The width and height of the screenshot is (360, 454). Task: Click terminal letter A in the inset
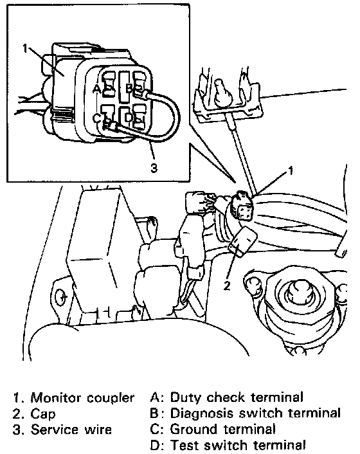pyautogui.click(x=96, y=89)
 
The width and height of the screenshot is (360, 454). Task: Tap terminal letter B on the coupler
pyautogui.click(x=129, y=88)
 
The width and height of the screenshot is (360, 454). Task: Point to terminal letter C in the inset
pyautogui.click(x=96, y=118)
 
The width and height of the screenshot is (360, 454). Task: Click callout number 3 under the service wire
pyautogui.click(x=154, y=167)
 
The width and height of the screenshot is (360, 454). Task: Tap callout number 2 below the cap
pyautogui.click(x=226, y=286)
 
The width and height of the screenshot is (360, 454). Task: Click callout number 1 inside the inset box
pyautogui.click(x=26, y=48)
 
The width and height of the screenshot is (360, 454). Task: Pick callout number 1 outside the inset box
pyautogui.click(x=291, y=170)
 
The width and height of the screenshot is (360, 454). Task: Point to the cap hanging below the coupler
pyautogui.click(x=243, y=241)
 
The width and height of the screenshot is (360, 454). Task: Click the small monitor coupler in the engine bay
pyautogui.click(x=242, y=205)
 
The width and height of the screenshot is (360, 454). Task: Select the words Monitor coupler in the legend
pyautogui.click(x=82, y=399)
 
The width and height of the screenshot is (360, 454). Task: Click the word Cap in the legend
pyautogui.click(x=43, y=414)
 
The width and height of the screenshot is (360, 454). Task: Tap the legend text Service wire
pyautogui.click(x=71, y=430)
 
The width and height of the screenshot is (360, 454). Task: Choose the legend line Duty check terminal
pyautogui.click(x=237, y=397)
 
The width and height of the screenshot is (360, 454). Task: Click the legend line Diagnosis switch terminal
pyautogui.click(x=255, y=413)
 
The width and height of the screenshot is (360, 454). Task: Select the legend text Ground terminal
pyautogui.click(x=222, y=429)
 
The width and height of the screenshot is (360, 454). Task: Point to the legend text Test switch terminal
pyautogui.click(x=238, y=445)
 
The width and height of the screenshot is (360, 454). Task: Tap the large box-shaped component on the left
pyautogui.click(x=102, y=249)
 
